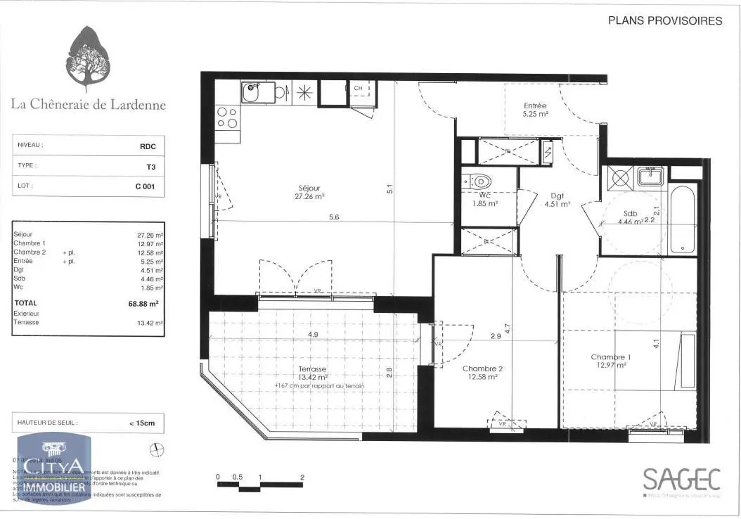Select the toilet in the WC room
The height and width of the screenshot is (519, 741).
(x=479, y=181)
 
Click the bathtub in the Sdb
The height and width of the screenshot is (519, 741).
(x=683, y=219)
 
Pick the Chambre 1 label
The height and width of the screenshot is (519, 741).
(x=610, y=361)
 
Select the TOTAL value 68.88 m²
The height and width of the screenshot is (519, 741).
(x=148, y=304)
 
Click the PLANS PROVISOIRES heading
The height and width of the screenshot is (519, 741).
(x=664, y=21)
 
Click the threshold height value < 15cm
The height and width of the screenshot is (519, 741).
(x=147, y=423)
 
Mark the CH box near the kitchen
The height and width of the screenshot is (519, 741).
(x=357, y=88)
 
